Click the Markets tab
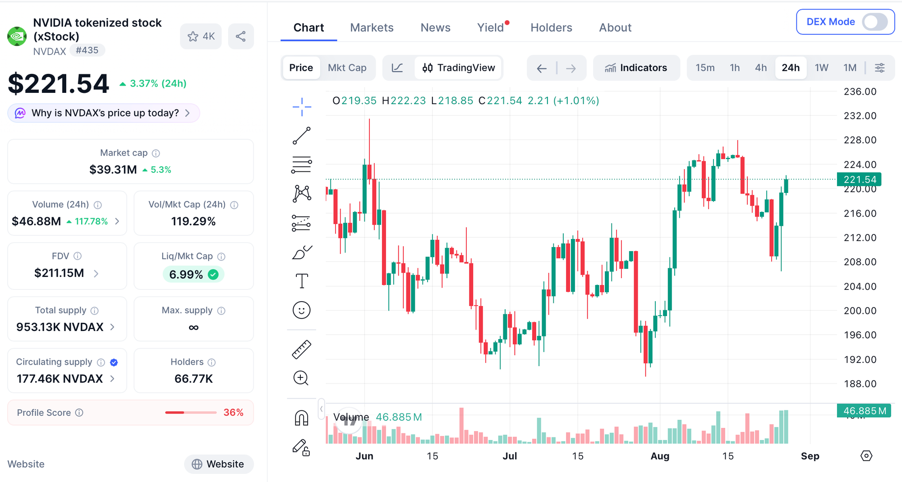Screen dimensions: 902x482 click(372, 28)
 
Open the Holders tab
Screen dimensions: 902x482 click(551, 28)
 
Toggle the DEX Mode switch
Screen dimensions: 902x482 click(874, 22)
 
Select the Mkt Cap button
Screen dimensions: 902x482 click(347, 68)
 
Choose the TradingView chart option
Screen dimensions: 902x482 click(458, 68)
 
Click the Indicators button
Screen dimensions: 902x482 click(636, 68)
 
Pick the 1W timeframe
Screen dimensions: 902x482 click(821, 68)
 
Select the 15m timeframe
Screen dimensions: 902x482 click(705, 68)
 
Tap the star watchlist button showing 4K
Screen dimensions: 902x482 click(201, 36)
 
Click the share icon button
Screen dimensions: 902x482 click(241, 36)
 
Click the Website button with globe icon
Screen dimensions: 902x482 click(219, 464)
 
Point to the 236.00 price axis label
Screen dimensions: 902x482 click(860, 92)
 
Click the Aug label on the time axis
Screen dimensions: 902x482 click(660, 456)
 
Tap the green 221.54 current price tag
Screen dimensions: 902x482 click(859, 179)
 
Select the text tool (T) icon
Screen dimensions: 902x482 click(302, 281)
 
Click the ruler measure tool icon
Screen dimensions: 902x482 click(302, 349)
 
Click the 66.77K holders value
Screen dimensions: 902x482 click(193, 379)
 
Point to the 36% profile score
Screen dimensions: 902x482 click(233, 413)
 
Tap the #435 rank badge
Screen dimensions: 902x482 click(87, 50)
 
